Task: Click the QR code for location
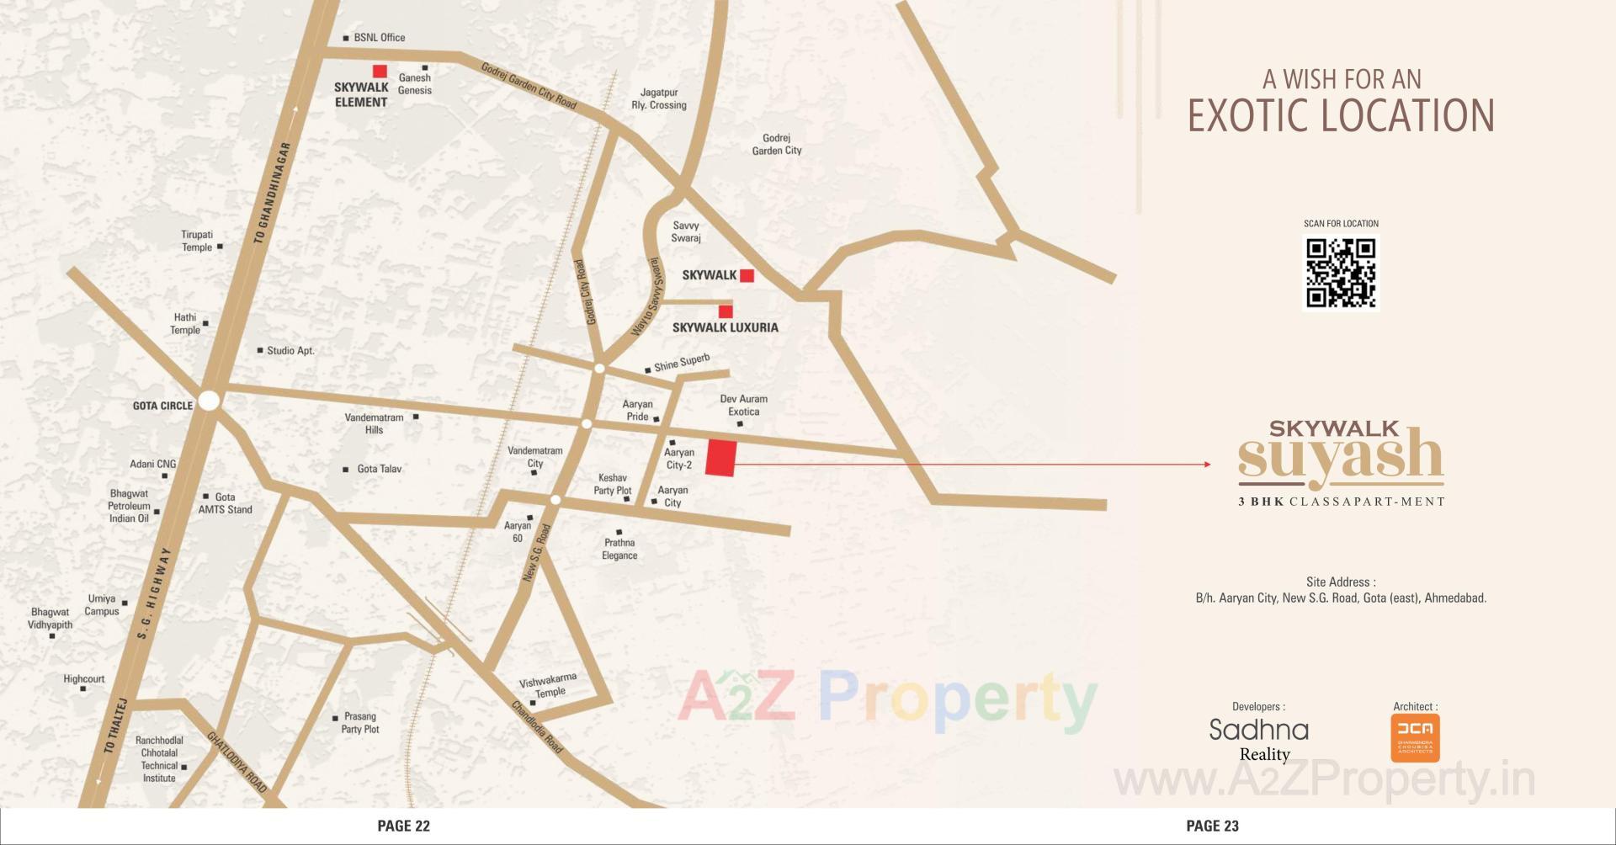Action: pyautogui.click(x=1341, y=274)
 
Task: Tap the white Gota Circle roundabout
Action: pyautogui.click(x=209, y=401)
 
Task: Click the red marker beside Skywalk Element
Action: pyautogui.click(x=380, y=72)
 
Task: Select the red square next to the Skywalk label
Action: pyautogui.click(x=747, y=275)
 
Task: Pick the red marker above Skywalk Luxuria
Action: pyautogui.click(x=726, y=311)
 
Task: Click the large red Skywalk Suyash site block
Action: pyautogui.click(x=720, y=458)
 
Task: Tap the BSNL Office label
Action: pyautogui.click(x=379, y=38)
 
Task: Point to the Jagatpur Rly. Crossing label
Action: pyautogui.click(x=659, y=98)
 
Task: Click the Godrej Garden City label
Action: pyautogui.click(x=776, y=144)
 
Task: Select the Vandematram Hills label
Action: pyautogui.click(x=374, y=423)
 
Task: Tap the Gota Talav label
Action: pyautogui.click(x=379, y=469)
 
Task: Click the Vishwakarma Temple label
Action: pyautogui.click(x=548, y=686)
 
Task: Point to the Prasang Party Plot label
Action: pyautogui.click(x=360, y=723)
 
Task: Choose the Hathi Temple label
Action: pyautogui.click(x=185, y=324)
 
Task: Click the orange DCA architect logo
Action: pyautogui.click(x=1415, y=737)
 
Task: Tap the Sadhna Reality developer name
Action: pyautogui.click(x=1259, y=738)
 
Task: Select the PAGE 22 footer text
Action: pyautogui.click(x=403, y=826)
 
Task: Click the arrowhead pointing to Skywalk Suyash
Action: pyautogui.click(x=1207, y=464)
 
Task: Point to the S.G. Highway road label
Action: pyautogui.click(x=153, y=593)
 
